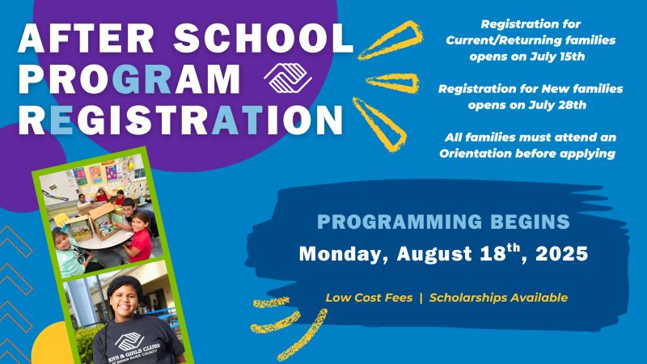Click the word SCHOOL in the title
pos(264,38)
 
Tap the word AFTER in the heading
pos(86,38)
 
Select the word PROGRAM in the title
pos(129,78)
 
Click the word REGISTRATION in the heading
pos(180,120)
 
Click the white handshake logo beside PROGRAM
pos(288,78)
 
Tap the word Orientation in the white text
pos(476,154)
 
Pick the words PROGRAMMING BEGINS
pos(443,222)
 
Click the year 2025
pos(561,253)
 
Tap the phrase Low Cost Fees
pos(369,298)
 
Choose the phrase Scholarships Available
pos(498,298)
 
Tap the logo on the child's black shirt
pos(129,341)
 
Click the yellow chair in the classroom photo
pos(61,220)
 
